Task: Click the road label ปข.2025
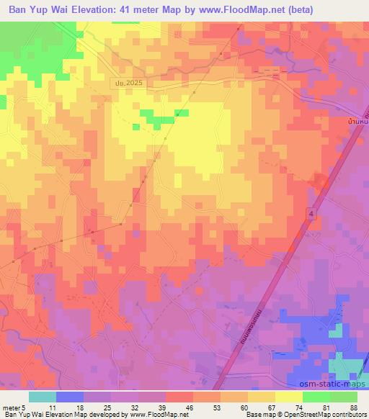128,84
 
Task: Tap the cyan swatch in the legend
43,397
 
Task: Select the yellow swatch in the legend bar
289,397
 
